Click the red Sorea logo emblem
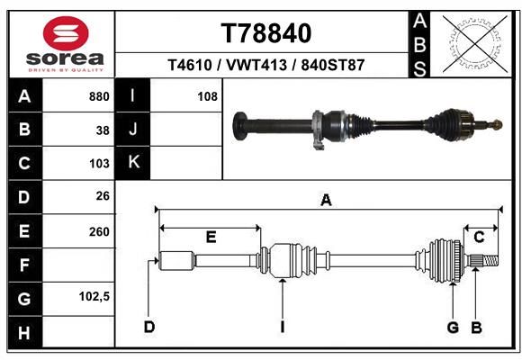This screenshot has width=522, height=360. point(66,33)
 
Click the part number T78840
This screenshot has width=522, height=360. point(266,33)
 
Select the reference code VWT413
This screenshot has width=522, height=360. point(256,65)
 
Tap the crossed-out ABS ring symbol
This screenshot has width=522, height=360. point(475,44)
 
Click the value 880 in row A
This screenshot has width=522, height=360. point(99,96)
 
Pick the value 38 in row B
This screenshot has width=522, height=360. point(103,130)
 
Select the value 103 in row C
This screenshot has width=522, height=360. point(99,164)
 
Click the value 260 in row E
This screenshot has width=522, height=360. point(99,232)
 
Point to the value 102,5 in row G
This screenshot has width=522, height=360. point(94,296)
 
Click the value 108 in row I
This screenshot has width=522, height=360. point(207,96)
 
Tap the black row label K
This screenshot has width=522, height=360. point(133,162)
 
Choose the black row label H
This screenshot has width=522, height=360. point(24,333)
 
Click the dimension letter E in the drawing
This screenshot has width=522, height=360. point(211,237)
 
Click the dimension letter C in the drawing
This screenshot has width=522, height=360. point(479,237)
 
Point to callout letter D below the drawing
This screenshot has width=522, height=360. point(149,327)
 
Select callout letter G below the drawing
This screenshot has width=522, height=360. point(453,328)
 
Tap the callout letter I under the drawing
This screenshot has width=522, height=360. point(283,327)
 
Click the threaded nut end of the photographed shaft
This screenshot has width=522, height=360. point(497,125)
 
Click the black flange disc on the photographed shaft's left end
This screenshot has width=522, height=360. point(239,126)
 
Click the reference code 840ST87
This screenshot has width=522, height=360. point(333,65)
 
